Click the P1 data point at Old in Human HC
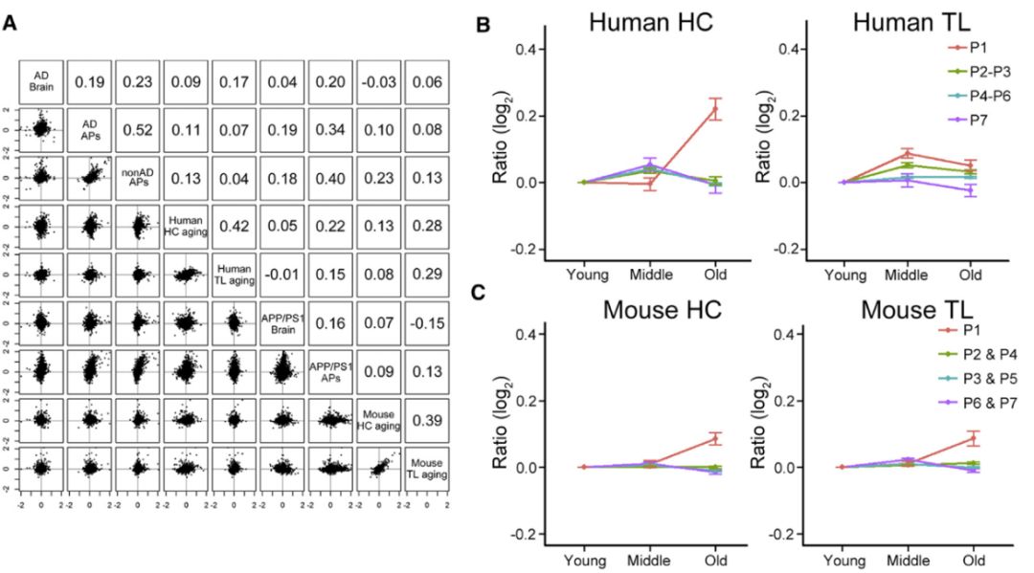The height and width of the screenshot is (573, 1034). click(x=712, y=110)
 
